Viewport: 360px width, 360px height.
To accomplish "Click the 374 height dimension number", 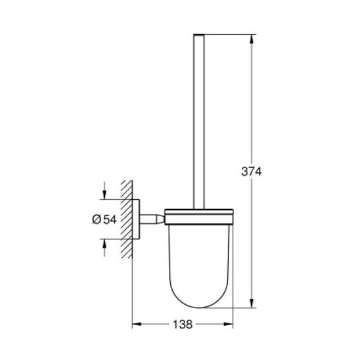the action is (x=251, y=171).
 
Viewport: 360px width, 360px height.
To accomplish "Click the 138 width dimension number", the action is (x=182, y=325).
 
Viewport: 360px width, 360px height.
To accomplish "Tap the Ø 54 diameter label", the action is (x=104, y=219).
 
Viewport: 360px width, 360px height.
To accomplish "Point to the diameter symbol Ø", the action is (x=97, y=219).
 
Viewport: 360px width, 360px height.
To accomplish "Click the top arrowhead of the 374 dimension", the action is (x=252, y=39).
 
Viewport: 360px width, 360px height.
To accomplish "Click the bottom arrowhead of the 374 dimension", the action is (x=252, y=303).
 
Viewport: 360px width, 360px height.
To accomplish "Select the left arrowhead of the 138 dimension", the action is (x=137, y=324).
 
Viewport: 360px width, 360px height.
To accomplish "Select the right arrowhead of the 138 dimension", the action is (x=228, y=324).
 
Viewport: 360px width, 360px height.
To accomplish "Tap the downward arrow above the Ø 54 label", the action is (x=104, y=191).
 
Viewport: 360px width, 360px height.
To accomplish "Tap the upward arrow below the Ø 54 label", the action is (x=104, y=248).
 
